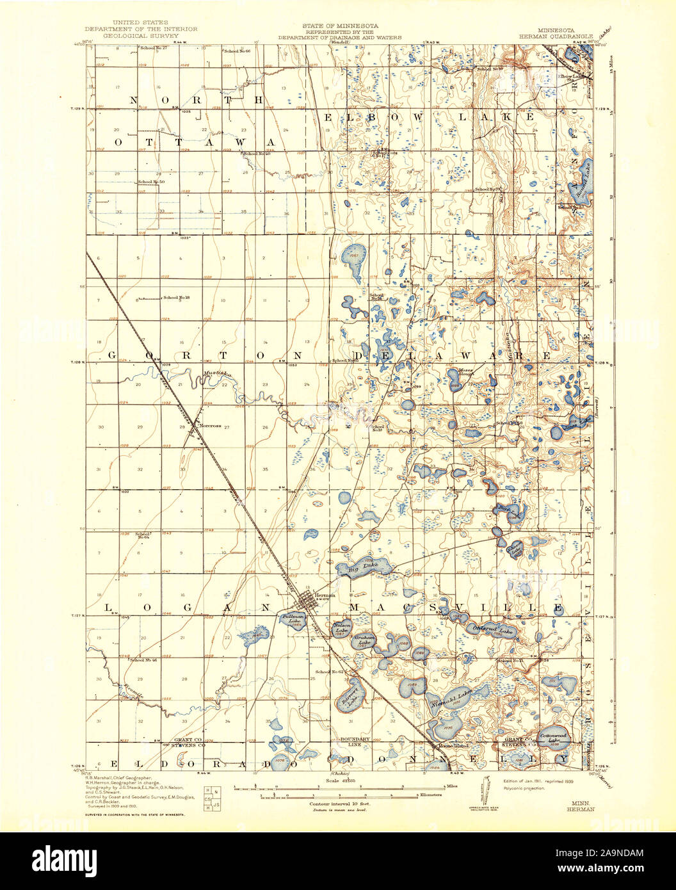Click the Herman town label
tap(325, 595)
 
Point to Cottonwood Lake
tap(554, 738)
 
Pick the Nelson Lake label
tap(342, 628)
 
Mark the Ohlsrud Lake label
tap(493, 631)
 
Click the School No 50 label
tap(151, 182)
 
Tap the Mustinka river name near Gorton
tap(214, 373)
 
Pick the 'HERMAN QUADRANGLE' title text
tap(565, 36)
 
